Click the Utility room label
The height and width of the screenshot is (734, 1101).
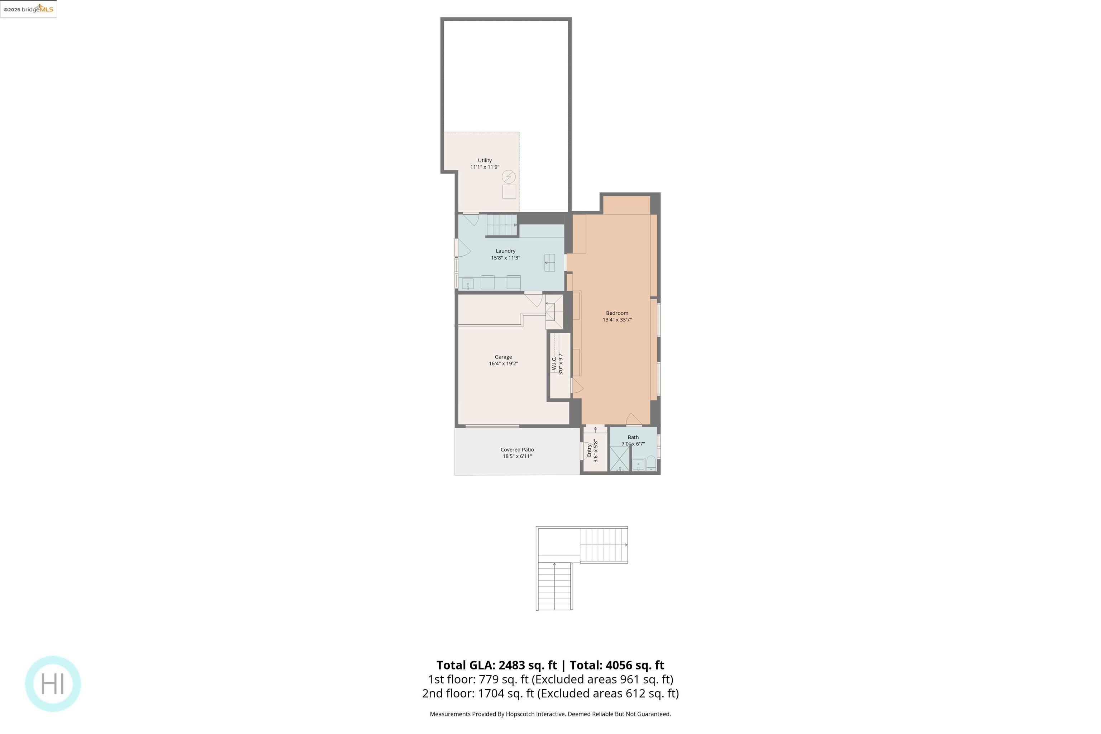click(485, 160)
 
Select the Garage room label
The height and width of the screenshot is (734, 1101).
click(503, 357)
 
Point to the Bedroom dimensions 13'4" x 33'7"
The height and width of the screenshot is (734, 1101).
click(617, 320)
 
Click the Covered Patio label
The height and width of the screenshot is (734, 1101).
click(517, 449)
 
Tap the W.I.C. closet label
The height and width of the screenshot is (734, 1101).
click(554, 364)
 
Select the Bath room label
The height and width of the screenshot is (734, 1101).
click(633, 437)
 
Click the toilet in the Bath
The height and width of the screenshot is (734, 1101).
click(651, 463)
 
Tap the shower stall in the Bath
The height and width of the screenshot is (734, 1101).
click(619, 458)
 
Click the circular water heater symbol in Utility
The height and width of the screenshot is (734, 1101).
click(509, 176)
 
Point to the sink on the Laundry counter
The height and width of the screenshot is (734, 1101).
click(468, 284)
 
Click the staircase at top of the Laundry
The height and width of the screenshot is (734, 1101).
click(501, 225)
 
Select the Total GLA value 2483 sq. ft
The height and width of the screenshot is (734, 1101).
click(528, 665)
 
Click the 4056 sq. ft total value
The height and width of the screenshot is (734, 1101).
click(635, 665)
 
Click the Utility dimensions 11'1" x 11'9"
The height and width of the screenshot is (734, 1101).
click(485, 167)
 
